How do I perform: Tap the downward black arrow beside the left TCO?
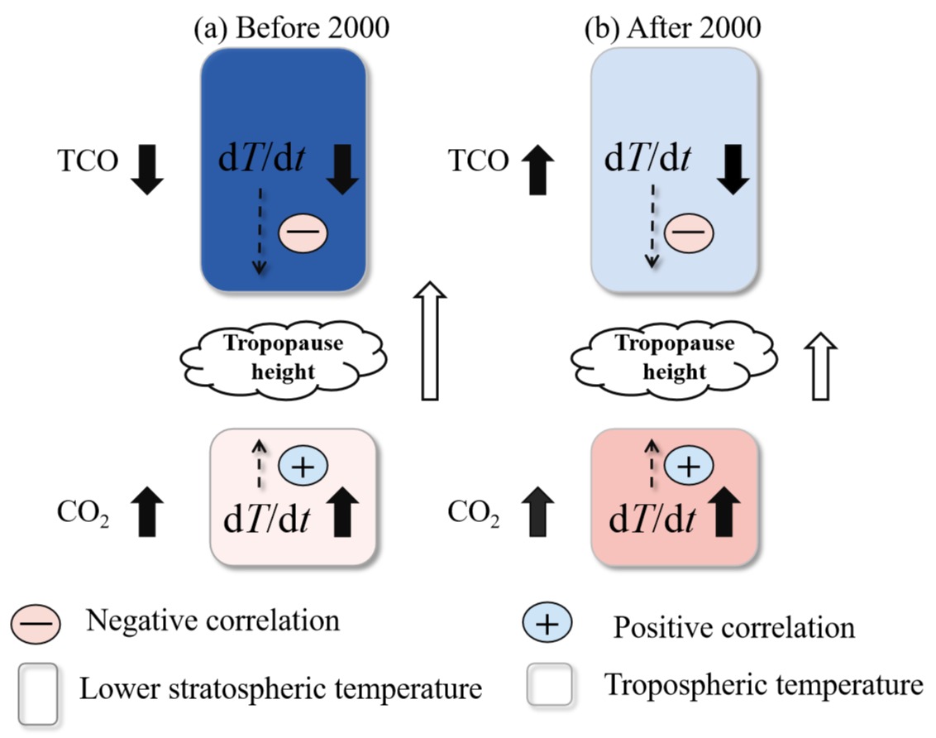click(149, 168)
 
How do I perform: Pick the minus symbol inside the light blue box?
click(689, 233)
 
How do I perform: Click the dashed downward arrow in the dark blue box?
click(260, 228)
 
